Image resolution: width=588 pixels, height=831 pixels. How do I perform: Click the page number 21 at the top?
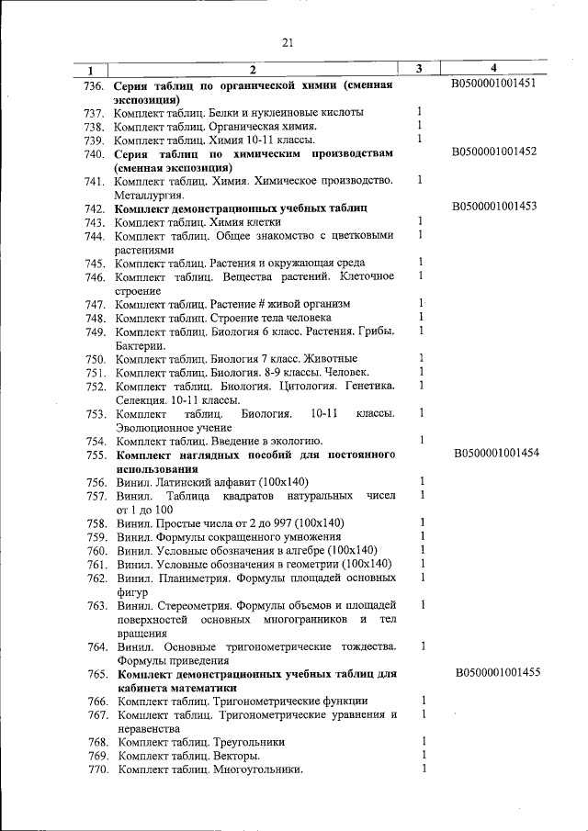click(x=287, y=41)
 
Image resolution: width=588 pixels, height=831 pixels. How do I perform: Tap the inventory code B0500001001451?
click(x=494, y=84)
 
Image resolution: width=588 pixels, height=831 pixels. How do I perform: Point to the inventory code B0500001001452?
click(x=494, y=152)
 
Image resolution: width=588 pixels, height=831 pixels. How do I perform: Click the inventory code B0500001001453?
click(x=494, y=208)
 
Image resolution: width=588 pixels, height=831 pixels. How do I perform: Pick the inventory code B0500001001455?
click(x=497, y=673)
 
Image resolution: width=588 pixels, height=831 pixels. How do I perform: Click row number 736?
click(x=92, y=85)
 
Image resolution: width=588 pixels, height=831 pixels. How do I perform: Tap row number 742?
click(x=94, y=209)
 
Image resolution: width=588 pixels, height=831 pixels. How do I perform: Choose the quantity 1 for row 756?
click(x=421, y=481)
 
